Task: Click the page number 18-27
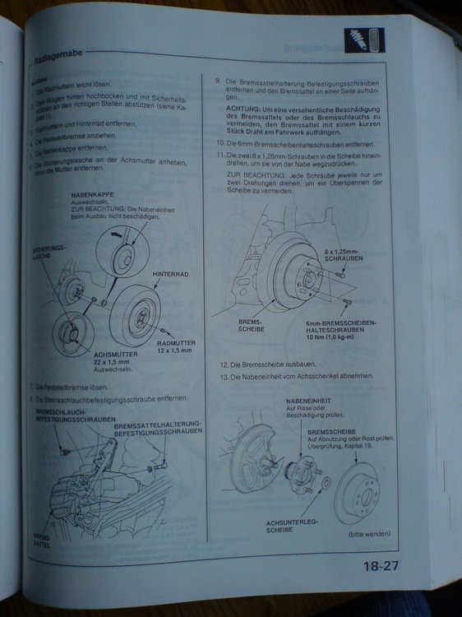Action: pos(381,566)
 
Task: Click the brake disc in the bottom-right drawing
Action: pos(355,489)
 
